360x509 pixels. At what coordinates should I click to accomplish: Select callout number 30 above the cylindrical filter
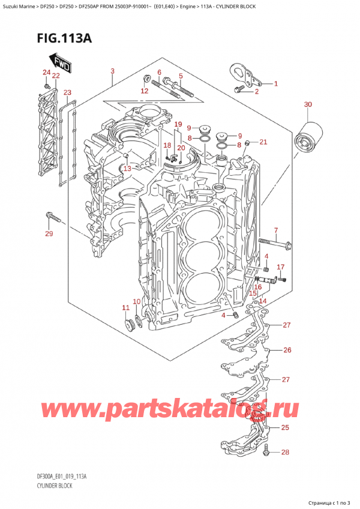tap(308, 105)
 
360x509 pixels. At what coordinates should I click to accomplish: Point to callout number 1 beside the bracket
tap(276, 83)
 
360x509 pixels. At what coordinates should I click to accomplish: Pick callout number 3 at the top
tap(112, 72)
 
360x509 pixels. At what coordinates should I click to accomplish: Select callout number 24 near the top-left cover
tap(46, 73)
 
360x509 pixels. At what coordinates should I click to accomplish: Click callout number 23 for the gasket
tap(67, 92)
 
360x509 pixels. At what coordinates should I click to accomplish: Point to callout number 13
tap(127, 169)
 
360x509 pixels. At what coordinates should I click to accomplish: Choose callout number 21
tap(263, 142)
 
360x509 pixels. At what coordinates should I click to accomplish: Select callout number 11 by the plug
tap(125, 308)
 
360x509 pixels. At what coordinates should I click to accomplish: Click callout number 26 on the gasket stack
tap(287, 350)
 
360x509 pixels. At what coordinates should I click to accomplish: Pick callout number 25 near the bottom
tap(284, 427)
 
